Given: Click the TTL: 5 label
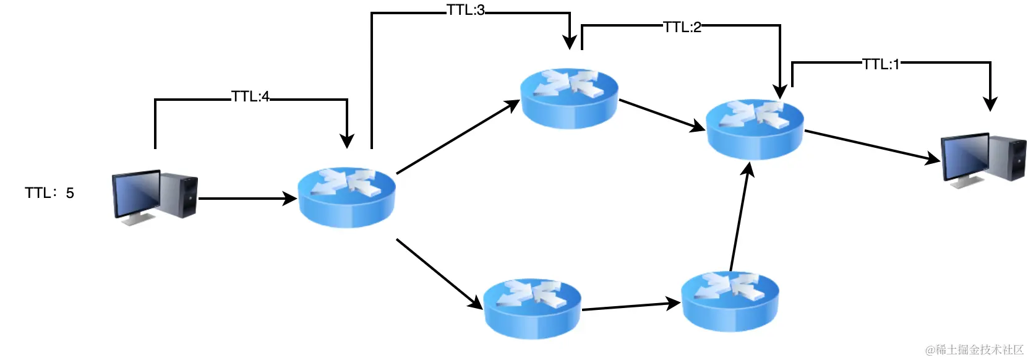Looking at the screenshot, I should pyautogui.click(x=49, y=193).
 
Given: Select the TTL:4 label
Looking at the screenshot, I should pyautogui.click(x=251, y=97).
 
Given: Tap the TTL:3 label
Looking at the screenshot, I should pyautogui.click(x=466, y=11).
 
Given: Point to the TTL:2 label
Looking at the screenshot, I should pyautogui.click(x=682, y=27).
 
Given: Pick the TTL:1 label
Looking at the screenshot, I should pyautogui.click(x=881, y=64).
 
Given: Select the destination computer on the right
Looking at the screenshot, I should pyautogui.click(x=982, y=160).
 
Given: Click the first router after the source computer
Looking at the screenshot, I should pyautogui.click(x=346, y=197).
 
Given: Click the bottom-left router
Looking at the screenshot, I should pyautogui.click(x=532, y=308).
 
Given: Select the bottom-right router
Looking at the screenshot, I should pyautogui.click(x=730, y=301).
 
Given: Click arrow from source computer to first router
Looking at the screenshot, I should pyautogui.click(x=247, y=199).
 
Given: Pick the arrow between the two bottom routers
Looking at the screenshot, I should pyautogui.click(x=631, y=306).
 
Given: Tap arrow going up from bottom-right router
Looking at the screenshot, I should pyautogui.click(x=740, y=216).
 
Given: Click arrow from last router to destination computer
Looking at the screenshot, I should pyautogui.click(x=872, y=147).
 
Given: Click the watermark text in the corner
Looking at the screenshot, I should pyautogui.click(x=975, y=350).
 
